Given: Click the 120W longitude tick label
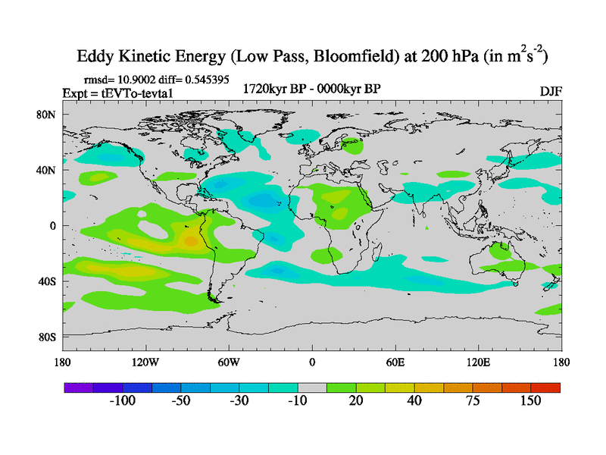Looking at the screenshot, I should pos(145,362).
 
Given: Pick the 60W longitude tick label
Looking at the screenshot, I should pos(228,362).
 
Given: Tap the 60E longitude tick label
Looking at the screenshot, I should pos(395,362).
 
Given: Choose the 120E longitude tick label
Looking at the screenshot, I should pos(478,362).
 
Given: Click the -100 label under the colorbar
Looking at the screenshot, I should pos(121,400).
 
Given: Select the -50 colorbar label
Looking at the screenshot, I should pos(180,400).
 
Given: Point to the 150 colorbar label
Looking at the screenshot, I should pos(530,400).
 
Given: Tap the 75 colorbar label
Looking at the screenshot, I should pos(473,400).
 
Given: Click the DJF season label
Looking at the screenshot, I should pos(550,91).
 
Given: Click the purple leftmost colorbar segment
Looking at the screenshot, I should pos(77,387).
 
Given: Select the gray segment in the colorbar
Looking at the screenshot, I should pos(311,387).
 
